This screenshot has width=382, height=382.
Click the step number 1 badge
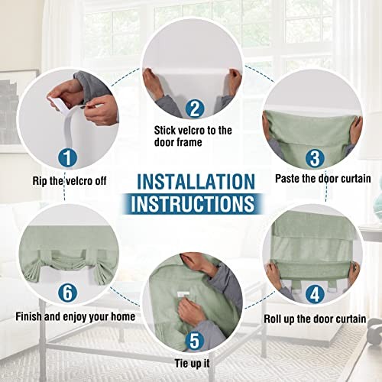68,158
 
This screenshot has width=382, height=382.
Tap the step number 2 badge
195,108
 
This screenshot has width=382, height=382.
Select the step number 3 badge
315,158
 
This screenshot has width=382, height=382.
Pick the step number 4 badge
315,293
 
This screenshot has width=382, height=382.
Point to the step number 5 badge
195,341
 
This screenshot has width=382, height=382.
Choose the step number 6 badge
68,293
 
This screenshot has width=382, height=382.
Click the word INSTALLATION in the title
196,182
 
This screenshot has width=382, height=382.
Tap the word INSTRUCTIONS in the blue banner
193,204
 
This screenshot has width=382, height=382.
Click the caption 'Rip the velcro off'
70,181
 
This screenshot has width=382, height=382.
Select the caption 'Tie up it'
192,364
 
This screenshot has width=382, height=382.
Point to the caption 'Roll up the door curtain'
315,319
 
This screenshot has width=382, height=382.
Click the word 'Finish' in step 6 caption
28,316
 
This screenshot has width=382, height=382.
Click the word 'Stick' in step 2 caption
165,131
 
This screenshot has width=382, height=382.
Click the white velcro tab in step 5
183,294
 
